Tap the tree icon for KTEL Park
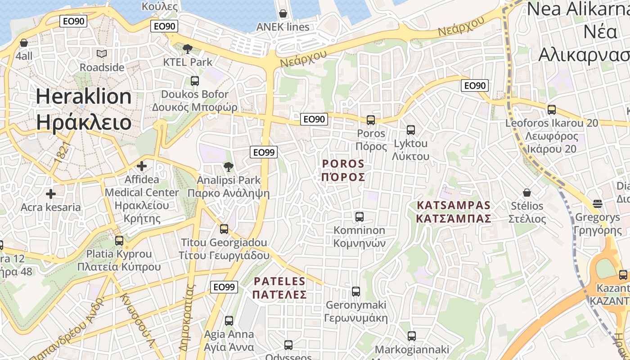[x=188, y=49]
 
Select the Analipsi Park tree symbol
[x=229, y=167]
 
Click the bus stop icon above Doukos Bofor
[x=195, y=81]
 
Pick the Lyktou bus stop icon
[x=411, y=130]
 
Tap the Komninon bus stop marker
[x=360, y=217]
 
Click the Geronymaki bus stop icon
[x=356, y=292]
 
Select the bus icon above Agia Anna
[x=229, y=321]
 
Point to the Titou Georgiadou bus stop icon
[x=224, y=229]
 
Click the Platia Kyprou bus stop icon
[x=119, y=240]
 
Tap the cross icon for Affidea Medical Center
[x=142, y=166]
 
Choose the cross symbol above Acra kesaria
[x=51, y=194]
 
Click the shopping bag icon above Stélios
[x=527, y=193]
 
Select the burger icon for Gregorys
[x=598, y=203]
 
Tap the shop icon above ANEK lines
[x=283, y=13]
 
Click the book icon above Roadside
[x=102, y=54]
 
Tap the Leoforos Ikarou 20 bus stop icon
[x=552, y=109]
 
